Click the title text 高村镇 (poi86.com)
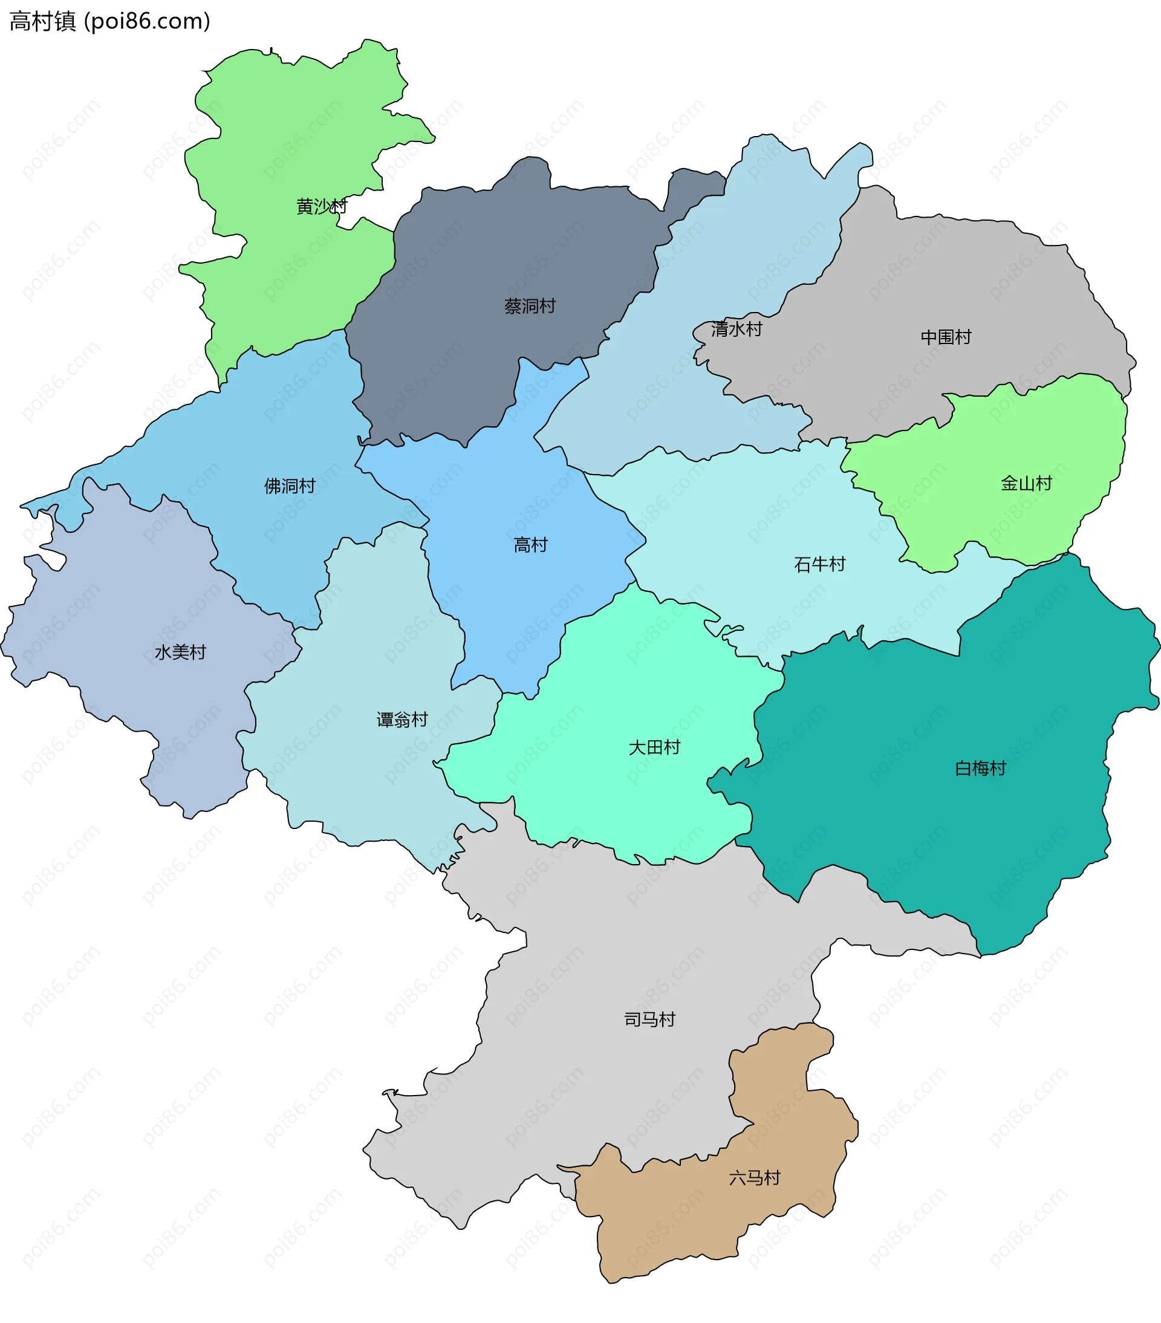click(x=110, y=21)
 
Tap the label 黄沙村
click(x=322, y=206)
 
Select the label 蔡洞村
click(x=530, y=306)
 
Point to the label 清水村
click(x=737, y=330)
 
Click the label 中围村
click(x=946, y=337)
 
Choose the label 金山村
click(x=1026, y=484)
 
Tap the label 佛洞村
click(x=289, y=486)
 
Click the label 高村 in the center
click(x=530, y=545)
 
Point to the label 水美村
click(x=180, y=652)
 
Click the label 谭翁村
click(x=402, y=720)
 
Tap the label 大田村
click(x=654, y=747)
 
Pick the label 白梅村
click(x=980, y=769)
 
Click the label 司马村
click(x=649, y=1020)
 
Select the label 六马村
click(x=755, y=1178)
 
